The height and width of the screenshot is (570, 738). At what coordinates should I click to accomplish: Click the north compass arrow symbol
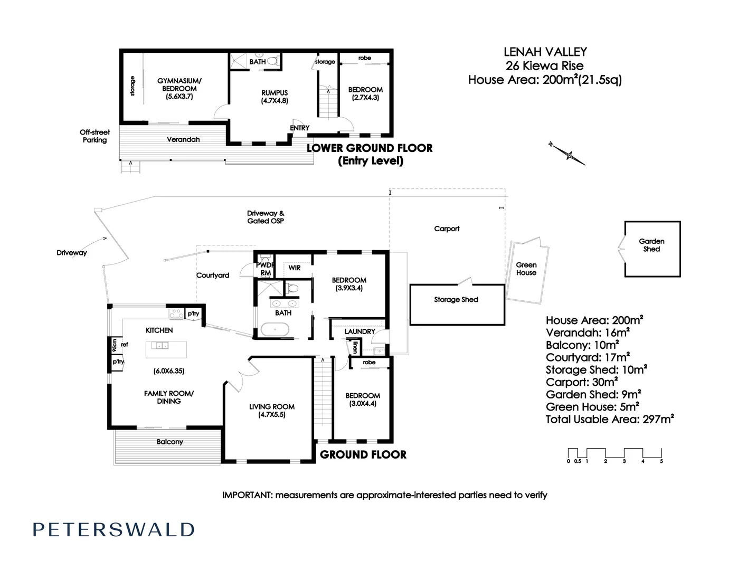tap(568, 154)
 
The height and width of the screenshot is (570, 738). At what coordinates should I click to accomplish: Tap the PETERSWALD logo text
tap(113, 530)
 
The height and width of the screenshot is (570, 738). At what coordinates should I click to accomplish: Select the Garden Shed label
tap(651, 245)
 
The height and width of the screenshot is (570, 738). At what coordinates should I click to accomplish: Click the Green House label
tap(526, 269)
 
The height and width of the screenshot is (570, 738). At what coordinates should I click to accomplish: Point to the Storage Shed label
tap(456, 299)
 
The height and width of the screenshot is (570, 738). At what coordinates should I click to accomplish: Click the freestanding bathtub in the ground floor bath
tap(275, 331)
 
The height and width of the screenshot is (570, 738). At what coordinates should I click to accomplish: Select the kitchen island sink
tap(160, 346)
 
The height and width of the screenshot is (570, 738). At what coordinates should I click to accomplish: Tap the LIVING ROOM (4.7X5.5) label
tap(272, 411)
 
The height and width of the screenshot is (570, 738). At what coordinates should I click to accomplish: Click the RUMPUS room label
tap(275, 96)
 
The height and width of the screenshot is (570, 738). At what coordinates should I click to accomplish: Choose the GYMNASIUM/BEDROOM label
tap(179, 88)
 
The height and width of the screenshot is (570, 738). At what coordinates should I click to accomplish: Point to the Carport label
tap(447, 229)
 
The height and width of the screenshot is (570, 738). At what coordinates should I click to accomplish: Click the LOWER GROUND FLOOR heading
tap(370, 148)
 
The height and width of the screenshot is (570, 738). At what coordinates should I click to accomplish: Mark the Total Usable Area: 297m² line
tap(610, 420)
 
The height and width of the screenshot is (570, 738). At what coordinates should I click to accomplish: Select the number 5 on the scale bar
tap(661, 461)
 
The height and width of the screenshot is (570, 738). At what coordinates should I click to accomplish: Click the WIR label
tap(295, 268)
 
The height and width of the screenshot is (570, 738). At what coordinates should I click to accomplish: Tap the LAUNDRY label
tap(359, 331)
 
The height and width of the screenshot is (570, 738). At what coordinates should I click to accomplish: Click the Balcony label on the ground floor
tap(169, 442)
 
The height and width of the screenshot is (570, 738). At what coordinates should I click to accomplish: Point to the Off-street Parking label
tap(95, 136)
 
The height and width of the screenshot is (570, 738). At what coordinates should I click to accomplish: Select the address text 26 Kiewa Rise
tap(544, 66)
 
